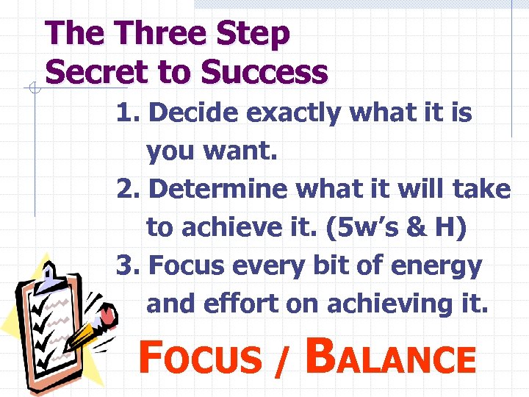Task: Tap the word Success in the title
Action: coord(264,72)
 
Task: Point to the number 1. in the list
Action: coord(129,113)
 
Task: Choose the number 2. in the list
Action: coord(129,190)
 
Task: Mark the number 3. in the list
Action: coord(129,266)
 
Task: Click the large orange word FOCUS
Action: coord(198,358)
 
